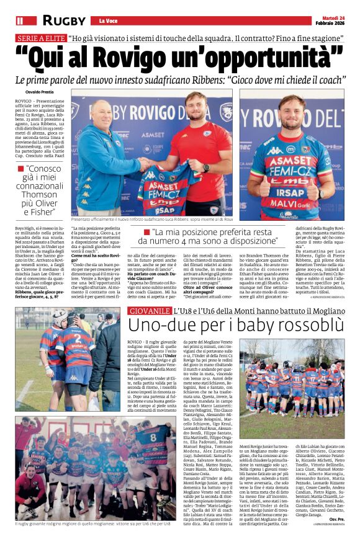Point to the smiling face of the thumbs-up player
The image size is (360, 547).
(x=291, y=111)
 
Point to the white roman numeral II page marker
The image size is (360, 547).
(x=20, y=20)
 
